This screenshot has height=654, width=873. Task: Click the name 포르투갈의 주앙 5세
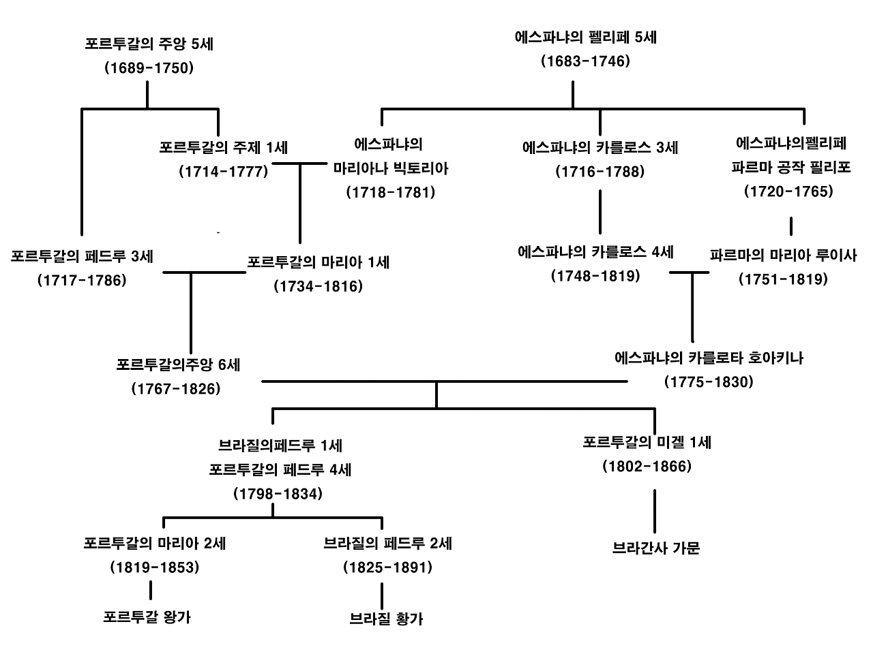tap(149, 44)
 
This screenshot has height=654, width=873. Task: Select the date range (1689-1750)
tap(149, 68)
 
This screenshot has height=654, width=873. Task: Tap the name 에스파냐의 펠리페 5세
tap(586, 37)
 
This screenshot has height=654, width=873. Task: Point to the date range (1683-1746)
tap(586, 61)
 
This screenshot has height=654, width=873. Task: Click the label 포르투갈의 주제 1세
tap(224, 147)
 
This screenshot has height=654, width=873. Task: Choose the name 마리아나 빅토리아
tap(391, 168)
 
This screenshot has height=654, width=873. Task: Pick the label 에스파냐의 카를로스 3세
tap(600, 148)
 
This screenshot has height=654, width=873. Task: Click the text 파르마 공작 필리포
tap(791, 168)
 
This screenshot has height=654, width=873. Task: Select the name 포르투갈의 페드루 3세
tap(82, 257)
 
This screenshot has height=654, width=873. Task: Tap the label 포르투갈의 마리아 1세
tap(319, 262)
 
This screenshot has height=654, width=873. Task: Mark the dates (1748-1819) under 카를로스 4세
tap(595, 276)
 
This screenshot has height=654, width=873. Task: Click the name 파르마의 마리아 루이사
tap(783, 255)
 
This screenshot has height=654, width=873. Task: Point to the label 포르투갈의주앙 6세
tap(178, 365)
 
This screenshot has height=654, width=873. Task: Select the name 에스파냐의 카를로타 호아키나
tap(709, 358)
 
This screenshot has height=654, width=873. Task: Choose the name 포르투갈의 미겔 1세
tap(647, 443)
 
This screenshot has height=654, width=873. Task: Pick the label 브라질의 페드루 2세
tap(387, 544)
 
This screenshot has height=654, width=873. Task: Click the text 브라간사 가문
tap(656, 548)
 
